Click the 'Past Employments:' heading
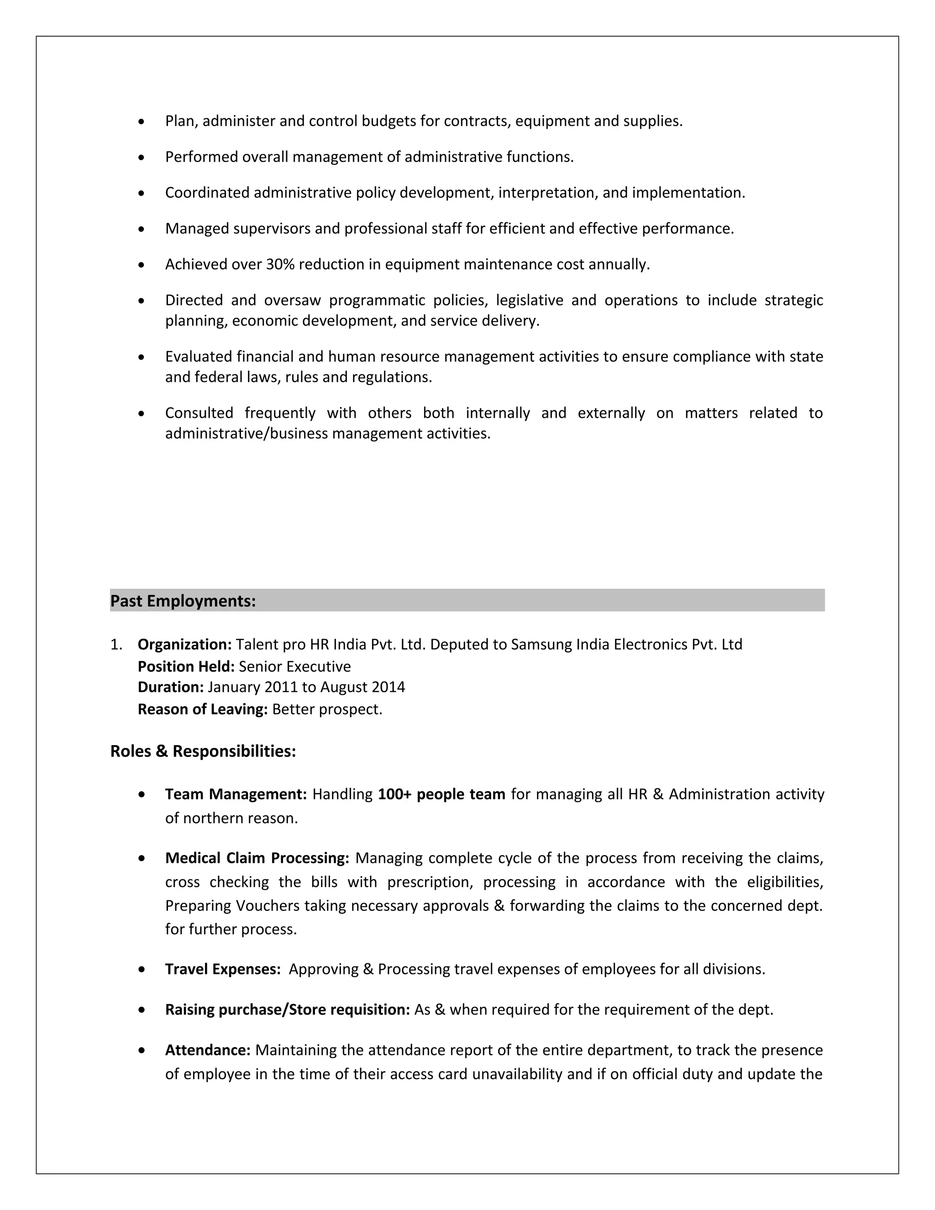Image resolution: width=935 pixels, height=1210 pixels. pyautogui.click(x=183, y=601)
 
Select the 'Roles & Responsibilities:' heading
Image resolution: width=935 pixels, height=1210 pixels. pyautogui.click(x=203, y=751)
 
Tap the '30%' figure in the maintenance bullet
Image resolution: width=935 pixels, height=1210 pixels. pyautogui.click(x=280, y=264)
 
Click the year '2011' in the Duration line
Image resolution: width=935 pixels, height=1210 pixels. pyautogui.click(x=281, y=687)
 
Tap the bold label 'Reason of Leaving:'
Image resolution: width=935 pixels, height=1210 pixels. pyautogui.click(x=203, y=709)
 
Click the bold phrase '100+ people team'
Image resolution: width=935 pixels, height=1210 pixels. pyautogui.click(x=441, y=794)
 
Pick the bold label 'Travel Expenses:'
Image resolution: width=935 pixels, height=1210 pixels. pyautogui.click(x=223, y=969)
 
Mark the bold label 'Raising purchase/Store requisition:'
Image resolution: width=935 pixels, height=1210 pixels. pyautogui.click(x=287, y=1010)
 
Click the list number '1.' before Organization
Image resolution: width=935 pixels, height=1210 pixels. pyautogui.click(x=116, y=644)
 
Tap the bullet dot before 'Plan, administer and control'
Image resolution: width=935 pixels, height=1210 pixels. pyautogui.click(x=142, y=121)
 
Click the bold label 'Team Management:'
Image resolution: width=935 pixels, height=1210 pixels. pyautogui.click(x=236, y=794)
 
